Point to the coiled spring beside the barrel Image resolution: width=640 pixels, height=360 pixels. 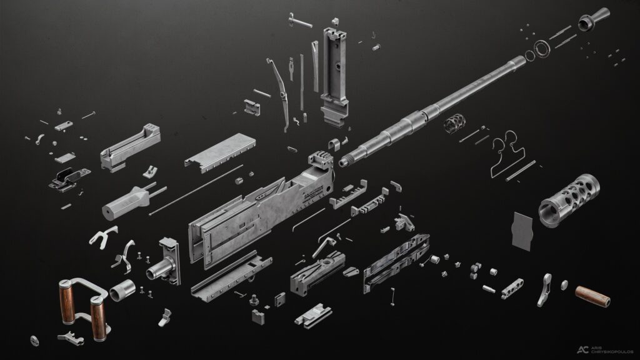[454, 122]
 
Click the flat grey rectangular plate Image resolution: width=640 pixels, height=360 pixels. [522, 231]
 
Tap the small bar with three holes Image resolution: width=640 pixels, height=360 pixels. [511, 287]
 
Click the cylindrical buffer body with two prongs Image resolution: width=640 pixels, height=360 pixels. [126, 199]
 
